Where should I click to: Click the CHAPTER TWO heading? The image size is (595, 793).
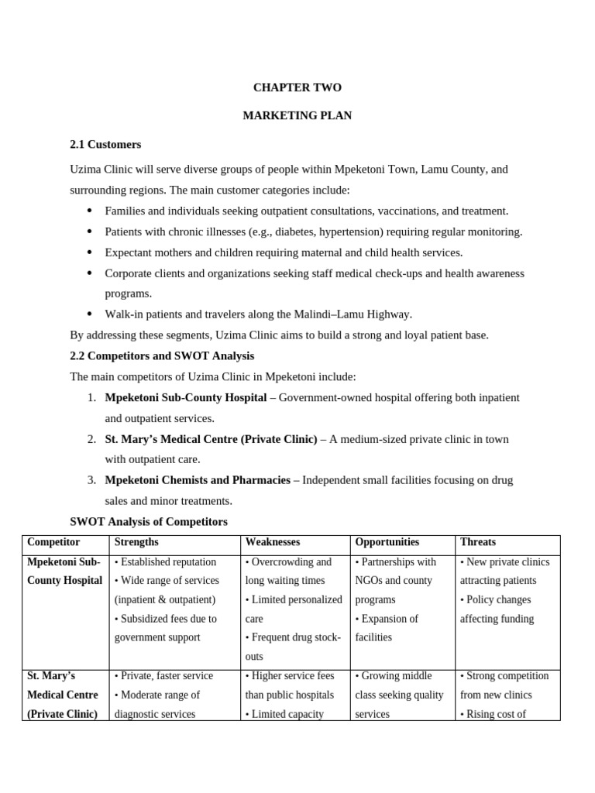point(297,88)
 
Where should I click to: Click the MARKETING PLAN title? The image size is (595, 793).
point(297,115)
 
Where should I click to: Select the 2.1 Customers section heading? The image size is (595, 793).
point(105,144)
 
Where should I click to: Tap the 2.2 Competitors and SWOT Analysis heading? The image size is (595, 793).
point(162,355)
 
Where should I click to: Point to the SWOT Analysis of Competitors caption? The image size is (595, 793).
point(149,521)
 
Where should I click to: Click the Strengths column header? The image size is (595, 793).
point(138,542)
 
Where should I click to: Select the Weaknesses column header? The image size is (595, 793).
point(273,542)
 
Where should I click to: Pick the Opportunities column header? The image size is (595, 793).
point(387,542)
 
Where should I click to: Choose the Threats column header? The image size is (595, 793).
point(478,542)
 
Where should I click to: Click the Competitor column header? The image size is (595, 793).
point(53,542)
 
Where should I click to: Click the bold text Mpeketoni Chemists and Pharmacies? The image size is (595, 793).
point(198,480)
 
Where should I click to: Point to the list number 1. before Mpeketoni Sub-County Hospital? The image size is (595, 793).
point(91,397)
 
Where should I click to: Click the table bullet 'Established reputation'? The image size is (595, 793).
point(166,561)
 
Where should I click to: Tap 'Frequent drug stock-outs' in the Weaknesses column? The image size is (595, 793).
point(293,647)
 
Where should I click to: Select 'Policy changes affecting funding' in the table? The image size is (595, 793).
point(497,609)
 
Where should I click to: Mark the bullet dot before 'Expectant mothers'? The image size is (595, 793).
point(90,252)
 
